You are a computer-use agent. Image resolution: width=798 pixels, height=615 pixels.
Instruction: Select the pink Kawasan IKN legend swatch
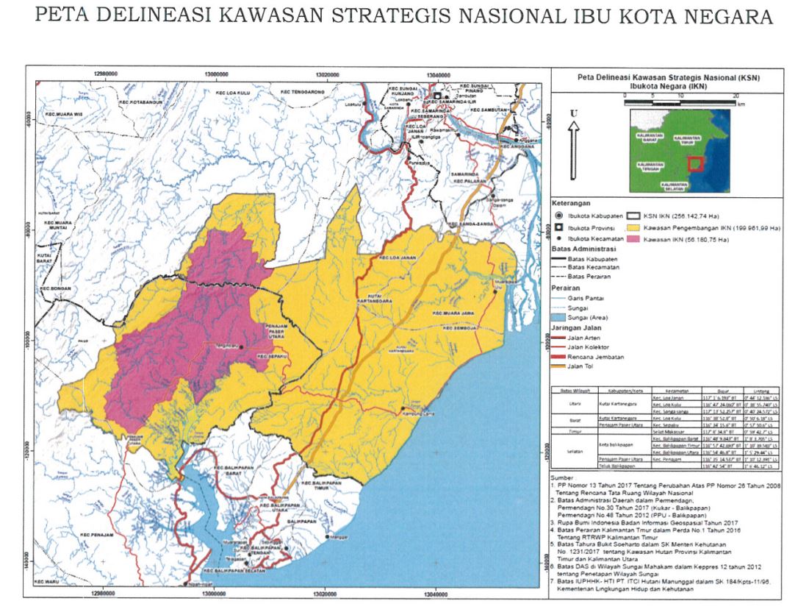[633, 240]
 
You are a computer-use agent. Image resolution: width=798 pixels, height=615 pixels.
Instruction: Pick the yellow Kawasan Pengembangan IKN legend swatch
[633, 229]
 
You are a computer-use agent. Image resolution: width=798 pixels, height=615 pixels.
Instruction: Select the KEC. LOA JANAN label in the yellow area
[398, 258]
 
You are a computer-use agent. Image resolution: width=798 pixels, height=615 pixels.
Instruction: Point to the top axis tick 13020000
[326, 74]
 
